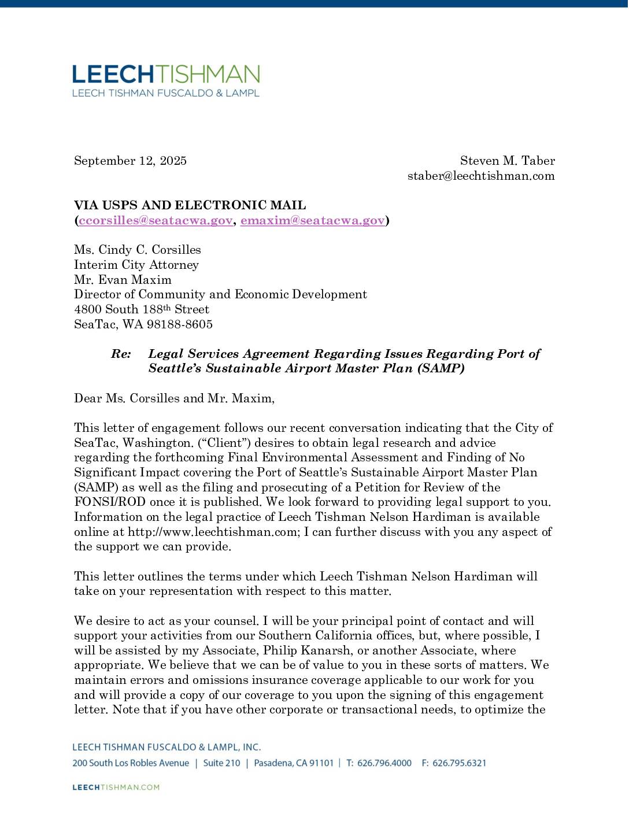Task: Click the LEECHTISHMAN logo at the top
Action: click(166, 80)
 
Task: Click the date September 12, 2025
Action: click(130, 161)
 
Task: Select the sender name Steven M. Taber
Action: click(507, 161)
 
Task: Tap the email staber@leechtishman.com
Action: click(480, 176)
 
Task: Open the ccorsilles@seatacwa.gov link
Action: click(156, 220)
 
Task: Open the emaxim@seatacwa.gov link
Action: click(312, 220)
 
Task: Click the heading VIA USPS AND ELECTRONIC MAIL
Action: click(190, 205)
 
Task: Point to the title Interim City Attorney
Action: click(136, 265)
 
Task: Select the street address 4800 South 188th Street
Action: click(141, 309)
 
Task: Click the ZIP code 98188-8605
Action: click(179, 324)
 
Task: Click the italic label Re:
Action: click(121, 354)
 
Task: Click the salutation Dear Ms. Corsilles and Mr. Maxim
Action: click(173, 398)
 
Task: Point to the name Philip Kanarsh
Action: click(306, 650)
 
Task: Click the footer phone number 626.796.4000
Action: click(384, 763)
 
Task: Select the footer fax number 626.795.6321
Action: click(459, 763)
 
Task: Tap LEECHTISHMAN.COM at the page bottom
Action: click(116, 787)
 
